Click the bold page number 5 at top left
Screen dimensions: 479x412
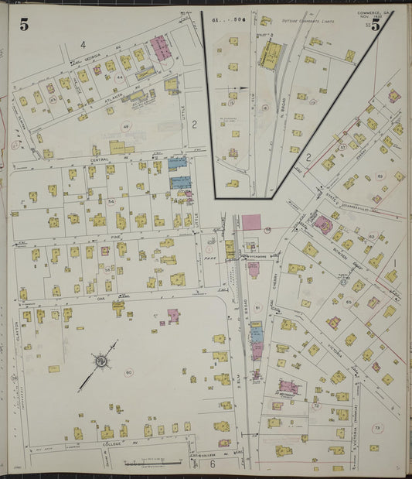pyautogui.click(x=24, y=24)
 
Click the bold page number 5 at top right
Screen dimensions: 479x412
pyautogui.click(x=376, y=24)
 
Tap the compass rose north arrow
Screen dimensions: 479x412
pyautogui.click(x=100, y=361)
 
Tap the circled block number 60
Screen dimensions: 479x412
pyautogui.click(x=128, y=372)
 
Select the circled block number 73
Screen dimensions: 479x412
pyautogui.click(x=377, y=427)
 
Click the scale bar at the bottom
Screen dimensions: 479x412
pyautogui.click(x=158, y=462)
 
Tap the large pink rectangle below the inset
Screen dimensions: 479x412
pyautogui.click(x=252, y=221)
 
